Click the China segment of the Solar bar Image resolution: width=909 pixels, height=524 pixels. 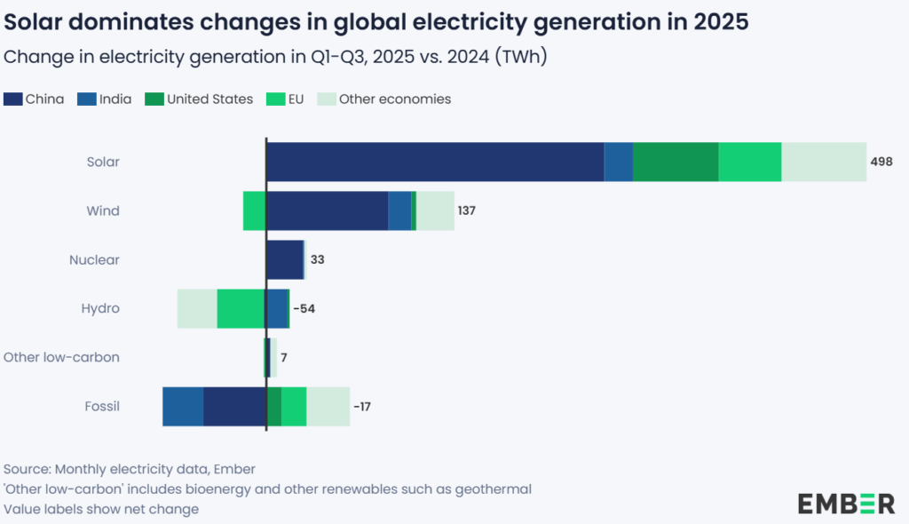(435, 162)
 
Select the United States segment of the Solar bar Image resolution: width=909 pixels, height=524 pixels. (676, 162)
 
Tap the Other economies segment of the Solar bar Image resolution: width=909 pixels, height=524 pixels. (824, 162)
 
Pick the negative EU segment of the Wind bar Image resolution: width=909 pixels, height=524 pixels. (254, 210)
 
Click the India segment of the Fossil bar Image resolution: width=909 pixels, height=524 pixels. (183, 407)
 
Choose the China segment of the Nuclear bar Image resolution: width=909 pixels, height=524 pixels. (284, 259)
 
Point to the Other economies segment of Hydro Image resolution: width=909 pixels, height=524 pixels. (197, 308)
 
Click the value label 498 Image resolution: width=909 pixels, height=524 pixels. (881, 162)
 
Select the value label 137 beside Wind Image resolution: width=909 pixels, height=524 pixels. (468, 211)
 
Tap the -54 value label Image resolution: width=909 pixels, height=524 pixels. (304, 309)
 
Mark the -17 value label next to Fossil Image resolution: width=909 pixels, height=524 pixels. (361, 407)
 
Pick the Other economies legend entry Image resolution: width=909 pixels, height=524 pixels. (395, 99)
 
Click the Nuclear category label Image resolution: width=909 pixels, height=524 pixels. (94, 260)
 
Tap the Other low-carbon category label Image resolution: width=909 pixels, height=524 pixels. (61, 357)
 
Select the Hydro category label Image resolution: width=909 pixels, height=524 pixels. (100, 308)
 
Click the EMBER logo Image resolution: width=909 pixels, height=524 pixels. (846, 503)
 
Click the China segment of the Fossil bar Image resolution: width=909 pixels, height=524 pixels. (234, 407)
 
